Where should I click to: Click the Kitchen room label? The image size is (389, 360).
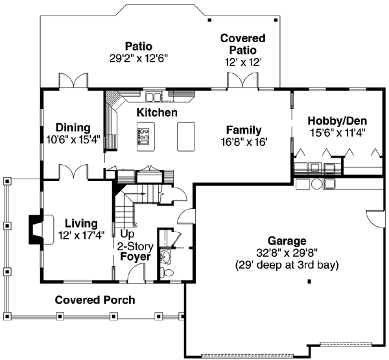point(156,113)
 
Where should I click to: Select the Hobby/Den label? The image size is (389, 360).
point(336,121)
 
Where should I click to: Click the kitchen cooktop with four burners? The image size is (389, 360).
point(143,136)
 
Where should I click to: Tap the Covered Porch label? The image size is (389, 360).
point(95,300)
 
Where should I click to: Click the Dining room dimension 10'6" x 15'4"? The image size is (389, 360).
point(73,139)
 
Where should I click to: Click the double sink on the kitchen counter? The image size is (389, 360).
point(154,97)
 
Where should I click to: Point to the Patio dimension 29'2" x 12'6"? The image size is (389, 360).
point(138,58)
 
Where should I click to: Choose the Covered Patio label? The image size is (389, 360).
point(238,44)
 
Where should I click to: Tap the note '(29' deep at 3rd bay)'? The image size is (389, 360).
point(286,265)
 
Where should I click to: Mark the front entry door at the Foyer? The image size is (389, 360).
point(137,273)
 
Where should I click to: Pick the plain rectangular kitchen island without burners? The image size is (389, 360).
point(185,136)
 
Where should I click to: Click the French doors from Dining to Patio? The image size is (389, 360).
point(72,81)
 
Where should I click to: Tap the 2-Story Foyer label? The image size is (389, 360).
point(134,251)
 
